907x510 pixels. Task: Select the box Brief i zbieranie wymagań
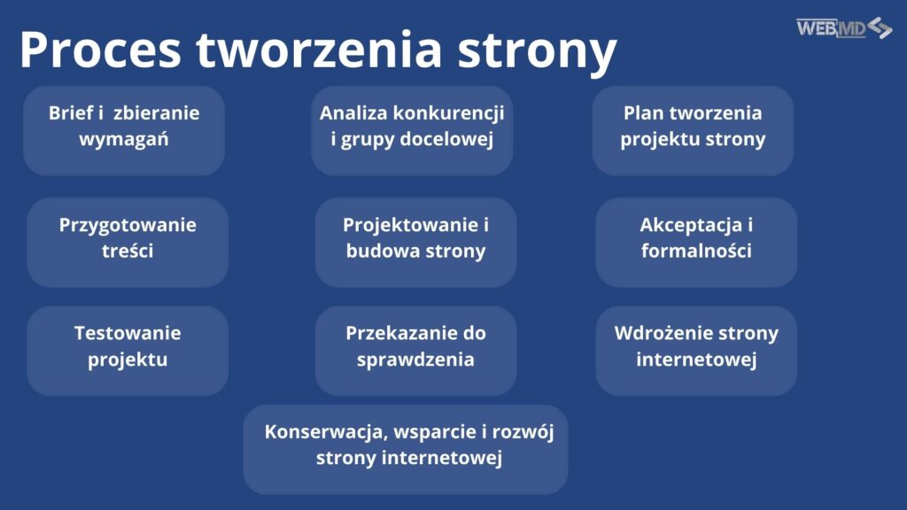[124, 130]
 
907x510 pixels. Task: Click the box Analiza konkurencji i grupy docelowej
[412, 130]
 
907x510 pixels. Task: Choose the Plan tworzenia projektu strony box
[693, 130]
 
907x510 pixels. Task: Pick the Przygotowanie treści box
[128, 242]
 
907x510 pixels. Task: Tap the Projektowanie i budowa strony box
[415, 242]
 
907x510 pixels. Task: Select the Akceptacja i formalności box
[696, 242]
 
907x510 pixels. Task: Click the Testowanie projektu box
[128, 351]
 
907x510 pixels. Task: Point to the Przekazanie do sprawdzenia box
[415, 351]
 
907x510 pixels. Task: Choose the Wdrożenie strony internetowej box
[696, 351]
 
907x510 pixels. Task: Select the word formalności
[696, 251]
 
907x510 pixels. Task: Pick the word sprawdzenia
[415, 360]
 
